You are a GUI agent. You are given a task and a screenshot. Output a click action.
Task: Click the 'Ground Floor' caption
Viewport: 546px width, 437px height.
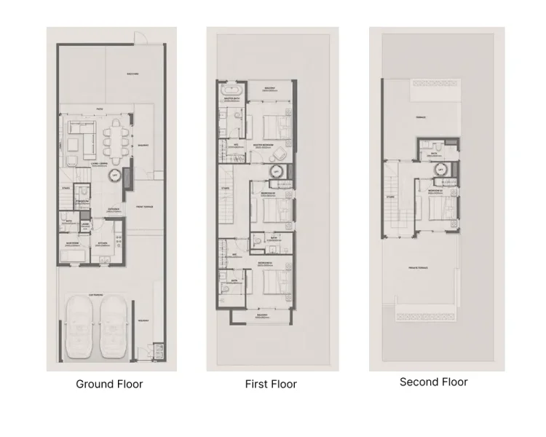[x=109, y=384]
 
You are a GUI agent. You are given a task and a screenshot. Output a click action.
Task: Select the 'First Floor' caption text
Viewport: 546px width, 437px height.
[x=271, y=384]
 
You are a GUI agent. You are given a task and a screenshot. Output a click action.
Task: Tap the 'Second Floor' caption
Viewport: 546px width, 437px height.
[x=434, y=382]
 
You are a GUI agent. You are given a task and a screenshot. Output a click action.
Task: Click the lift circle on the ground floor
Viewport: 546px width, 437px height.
[x=115, y=176]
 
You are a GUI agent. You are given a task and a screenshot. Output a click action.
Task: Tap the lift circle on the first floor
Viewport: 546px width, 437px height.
[x=277, y=172]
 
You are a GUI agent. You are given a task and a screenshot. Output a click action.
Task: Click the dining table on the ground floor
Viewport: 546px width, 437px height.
[x=115, y=138]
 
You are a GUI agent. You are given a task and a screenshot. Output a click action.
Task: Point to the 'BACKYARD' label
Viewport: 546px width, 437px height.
[x=132, y=74]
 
